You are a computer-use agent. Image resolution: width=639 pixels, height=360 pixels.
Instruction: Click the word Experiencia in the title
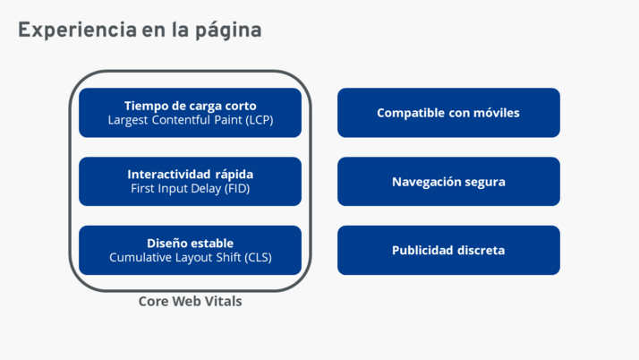pyautogui.click(x=78, y=30)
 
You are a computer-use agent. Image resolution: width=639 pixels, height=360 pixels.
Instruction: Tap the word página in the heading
pyautogui.click(x=228, y=31)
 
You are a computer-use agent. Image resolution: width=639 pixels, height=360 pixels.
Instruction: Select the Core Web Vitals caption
pyautogui.click(x=191, y=301)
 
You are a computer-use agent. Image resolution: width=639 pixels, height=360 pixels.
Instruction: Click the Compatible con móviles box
pyautogui.click(x=448, y=113)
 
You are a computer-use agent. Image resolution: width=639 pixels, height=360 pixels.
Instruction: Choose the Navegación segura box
pyautogui.click(x=448, y=182)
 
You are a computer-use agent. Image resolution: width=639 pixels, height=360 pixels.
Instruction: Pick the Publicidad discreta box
pyautogui.click(x=448, y=251)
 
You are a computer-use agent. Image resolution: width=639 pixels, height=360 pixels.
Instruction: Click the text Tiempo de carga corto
pyautogui.click(x=191, y=106)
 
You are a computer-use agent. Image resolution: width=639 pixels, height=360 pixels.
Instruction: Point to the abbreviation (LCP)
pyautogui.click(x=260, y=120)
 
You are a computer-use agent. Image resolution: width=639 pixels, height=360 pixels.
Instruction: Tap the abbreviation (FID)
pyautogui.click(x=237, y=189)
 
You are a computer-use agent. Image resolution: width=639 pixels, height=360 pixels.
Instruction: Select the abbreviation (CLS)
pyautogui.click(x=258, y=258)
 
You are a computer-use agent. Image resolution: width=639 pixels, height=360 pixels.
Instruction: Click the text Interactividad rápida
pyautogui.click(x=191, y=175)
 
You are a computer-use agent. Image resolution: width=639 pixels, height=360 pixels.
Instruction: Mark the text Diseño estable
pyautogui.click(x=191, y=244)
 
